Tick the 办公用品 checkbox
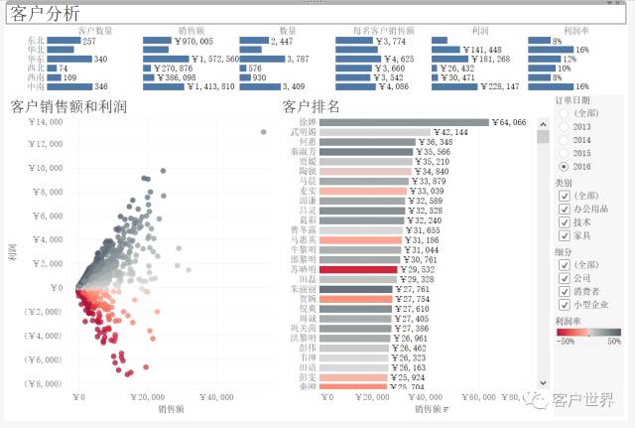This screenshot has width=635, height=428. [562, 209]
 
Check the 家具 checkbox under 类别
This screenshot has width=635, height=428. [562, 235]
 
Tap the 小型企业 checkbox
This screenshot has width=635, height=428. [562, 304]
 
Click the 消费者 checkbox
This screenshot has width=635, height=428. [562, 291]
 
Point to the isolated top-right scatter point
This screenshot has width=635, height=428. [263, 132]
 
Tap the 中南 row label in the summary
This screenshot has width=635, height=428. [36, 87]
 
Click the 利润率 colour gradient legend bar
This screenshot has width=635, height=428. [587, 332]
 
